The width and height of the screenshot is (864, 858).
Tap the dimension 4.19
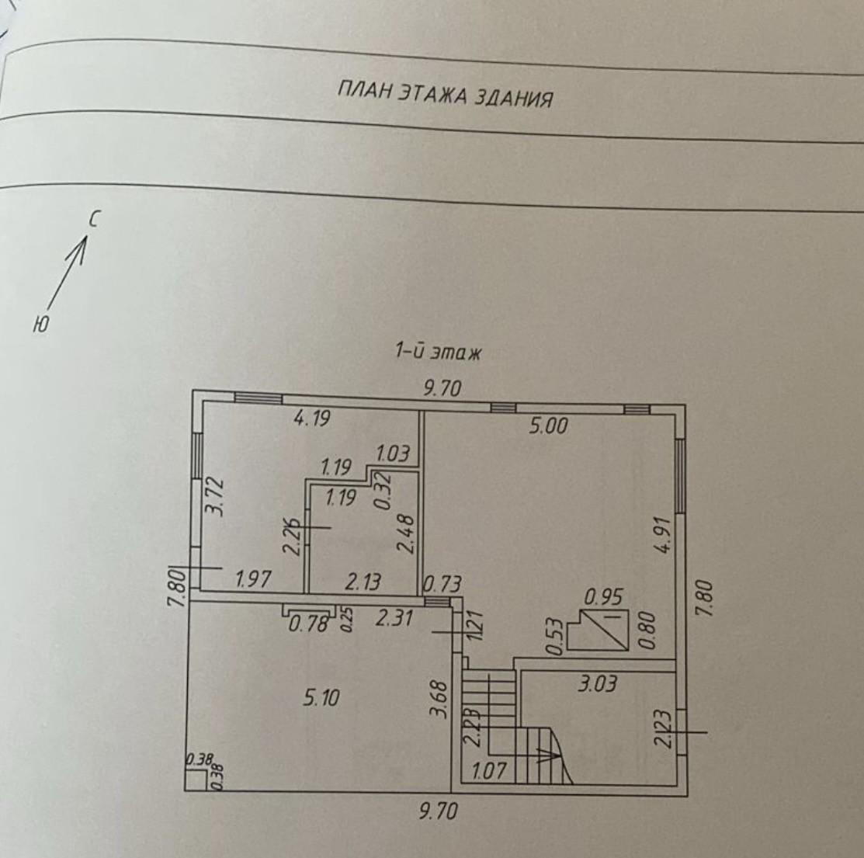(x=312, y=419)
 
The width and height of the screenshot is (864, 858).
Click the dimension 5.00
(x=549, y=425)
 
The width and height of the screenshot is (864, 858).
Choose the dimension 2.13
(x=362, y=580)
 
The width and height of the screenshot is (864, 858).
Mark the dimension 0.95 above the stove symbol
(x=604, y=596)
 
